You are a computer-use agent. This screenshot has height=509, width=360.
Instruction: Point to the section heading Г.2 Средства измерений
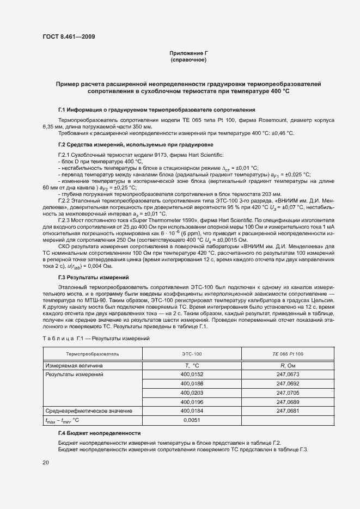click(135, 144)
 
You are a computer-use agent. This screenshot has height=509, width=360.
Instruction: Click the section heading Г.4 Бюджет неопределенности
click(99, 433)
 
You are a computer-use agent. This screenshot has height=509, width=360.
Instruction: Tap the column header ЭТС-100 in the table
click(192, 354)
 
